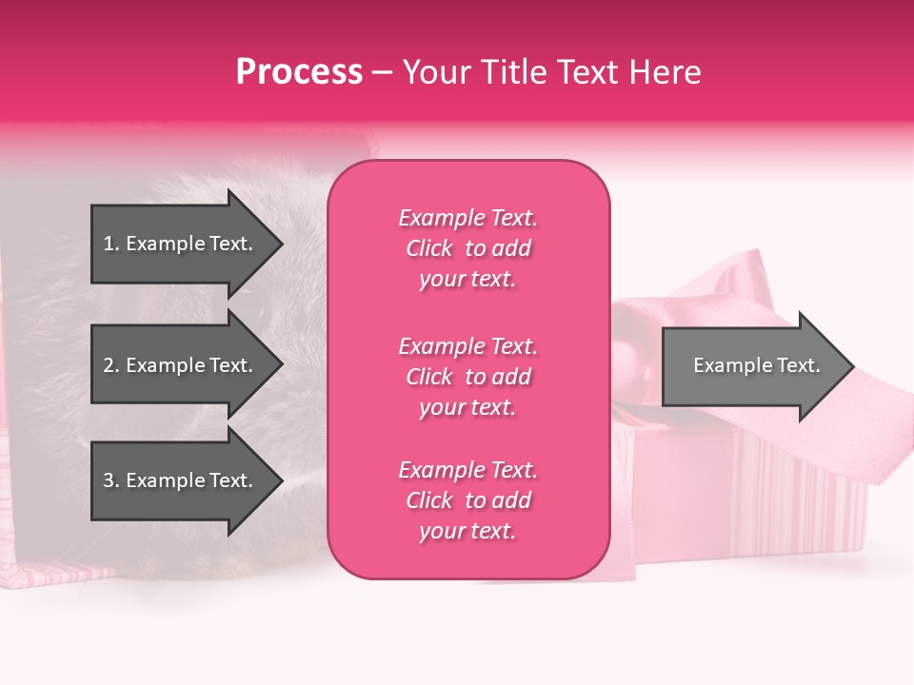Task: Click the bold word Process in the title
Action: click(x=299, y=72)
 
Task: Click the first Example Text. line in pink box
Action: click(x=467, y=218)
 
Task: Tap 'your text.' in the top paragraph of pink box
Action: click(x=467, y=279)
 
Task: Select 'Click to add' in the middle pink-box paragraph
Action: click(x=467, y=377)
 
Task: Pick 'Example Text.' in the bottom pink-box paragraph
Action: click(x=467, y=470)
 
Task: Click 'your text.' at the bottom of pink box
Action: click(x=467, y=531)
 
